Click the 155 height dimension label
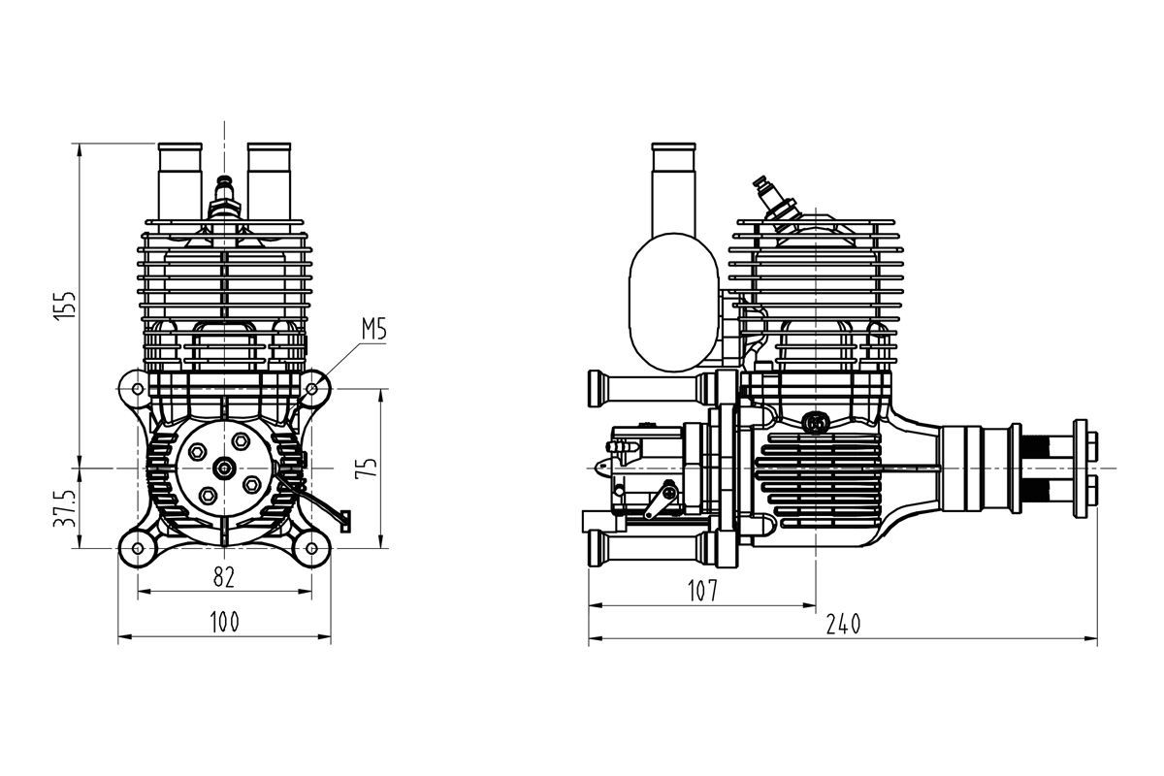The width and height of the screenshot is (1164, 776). [x=66, y=306]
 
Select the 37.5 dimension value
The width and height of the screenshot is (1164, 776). [x=66, y=508]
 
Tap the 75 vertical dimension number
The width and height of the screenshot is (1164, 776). [x=367, y=468]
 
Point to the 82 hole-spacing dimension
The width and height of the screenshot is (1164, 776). [x=224, y=577]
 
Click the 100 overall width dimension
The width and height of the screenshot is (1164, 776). [x=224, y=622]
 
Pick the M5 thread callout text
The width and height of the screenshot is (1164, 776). [x=374, y=329]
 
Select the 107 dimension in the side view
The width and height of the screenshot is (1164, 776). [x=702, y=591]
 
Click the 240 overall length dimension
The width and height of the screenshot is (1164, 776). [x=843, y=624]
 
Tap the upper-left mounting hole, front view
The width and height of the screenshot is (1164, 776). [x=138, y=388]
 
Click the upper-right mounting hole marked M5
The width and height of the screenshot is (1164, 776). [x=311, y=388]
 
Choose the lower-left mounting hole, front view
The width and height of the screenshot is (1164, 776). [x=138, y=548]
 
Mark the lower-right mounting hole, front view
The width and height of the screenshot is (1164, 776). [x=311, y=548]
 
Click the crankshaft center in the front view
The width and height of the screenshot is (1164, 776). [x=224, y=469]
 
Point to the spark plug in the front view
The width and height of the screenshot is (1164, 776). [x=224, y=200]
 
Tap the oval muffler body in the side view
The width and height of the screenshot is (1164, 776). [x=673, y=302]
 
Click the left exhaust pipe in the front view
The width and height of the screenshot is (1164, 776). [x=179, y=187]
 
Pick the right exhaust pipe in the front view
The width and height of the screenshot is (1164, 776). [x=270, y=187]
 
